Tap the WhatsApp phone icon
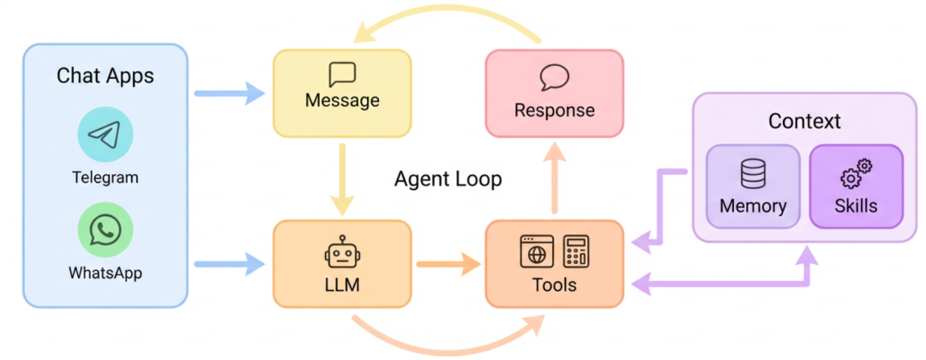coord(105,230)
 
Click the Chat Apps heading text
coord(105,75)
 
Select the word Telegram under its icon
coord(105,178)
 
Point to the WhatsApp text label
coord(105,273)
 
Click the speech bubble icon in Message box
coord(342,75)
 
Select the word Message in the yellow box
coord(342,100)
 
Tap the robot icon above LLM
coord(342,252)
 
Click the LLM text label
coord(342,285)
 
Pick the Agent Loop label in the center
coord(448,179)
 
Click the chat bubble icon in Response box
coord(554,78)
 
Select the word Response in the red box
coord(554,111)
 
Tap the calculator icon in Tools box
coord(575,251)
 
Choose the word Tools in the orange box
coord(554,285)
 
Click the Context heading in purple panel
coord(804,121)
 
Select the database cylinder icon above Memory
coord(753,175)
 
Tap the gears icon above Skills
coord(856,174)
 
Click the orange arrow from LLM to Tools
coord(448,264)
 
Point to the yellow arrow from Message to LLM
coord(342,179)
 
